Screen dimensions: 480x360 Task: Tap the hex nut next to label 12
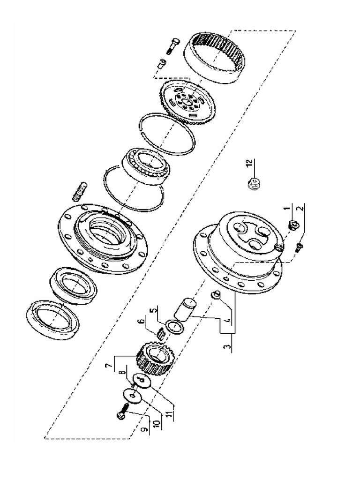[x=253, y=183]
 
